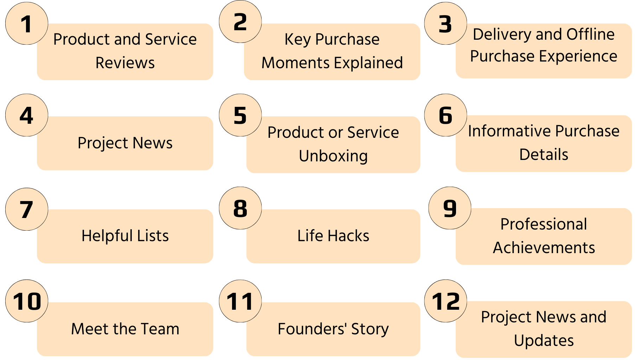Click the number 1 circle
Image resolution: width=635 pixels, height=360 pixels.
point(27,24)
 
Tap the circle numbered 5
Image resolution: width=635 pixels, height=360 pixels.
point(240,115)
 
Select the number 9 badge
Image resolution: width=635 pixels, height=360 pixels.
point(450,208)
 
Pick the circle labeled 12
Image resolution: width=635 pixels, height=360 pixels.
point(446,301)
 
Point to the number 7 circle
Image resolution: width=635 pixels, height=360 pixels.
point(27,209)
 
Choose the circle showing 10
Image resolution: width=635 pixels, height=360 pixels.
point(27,301)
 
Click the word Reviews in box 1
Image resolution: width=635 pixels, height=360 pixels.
point(125,63)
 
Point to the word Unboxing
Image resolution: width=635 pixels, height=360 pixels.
point(333,156)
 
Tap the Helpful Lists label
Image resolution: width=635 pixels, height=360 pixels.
point(125,236)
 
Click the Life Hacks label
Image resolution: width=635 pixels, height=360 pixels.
point(333,236)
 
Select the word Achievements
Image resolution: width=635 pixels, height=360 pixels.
point(544,247)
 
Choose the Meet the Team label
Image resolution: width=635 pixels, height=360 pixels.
point(125,329)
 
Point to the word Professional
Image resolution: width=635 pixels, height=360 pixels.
point(544,224)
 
